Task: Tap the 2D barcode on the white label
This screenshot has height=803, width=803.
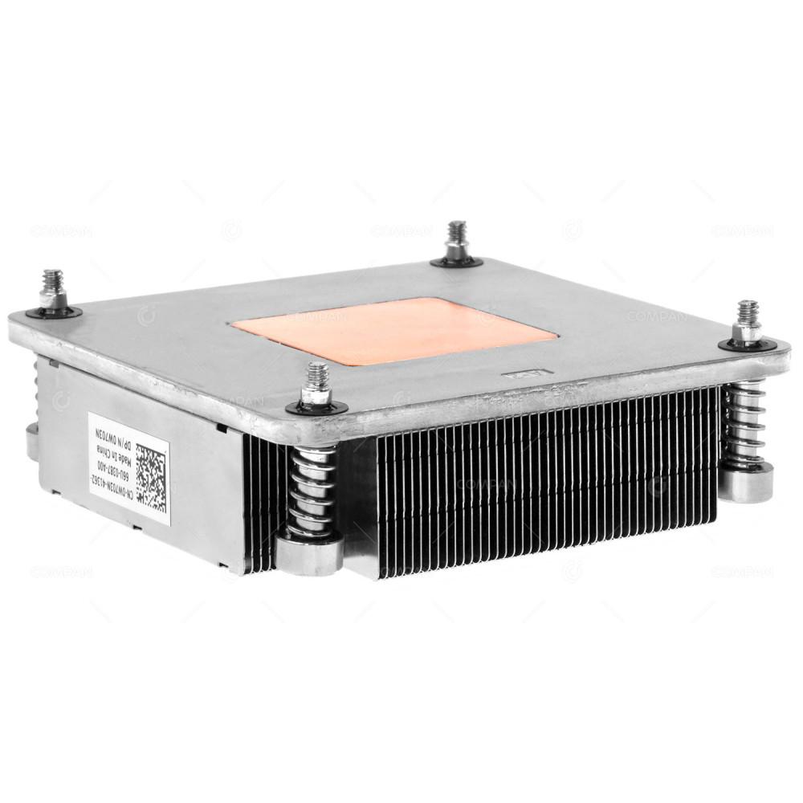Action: (151, 479)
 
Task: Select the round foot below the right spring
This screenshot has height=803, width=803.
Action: (746, 483)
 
